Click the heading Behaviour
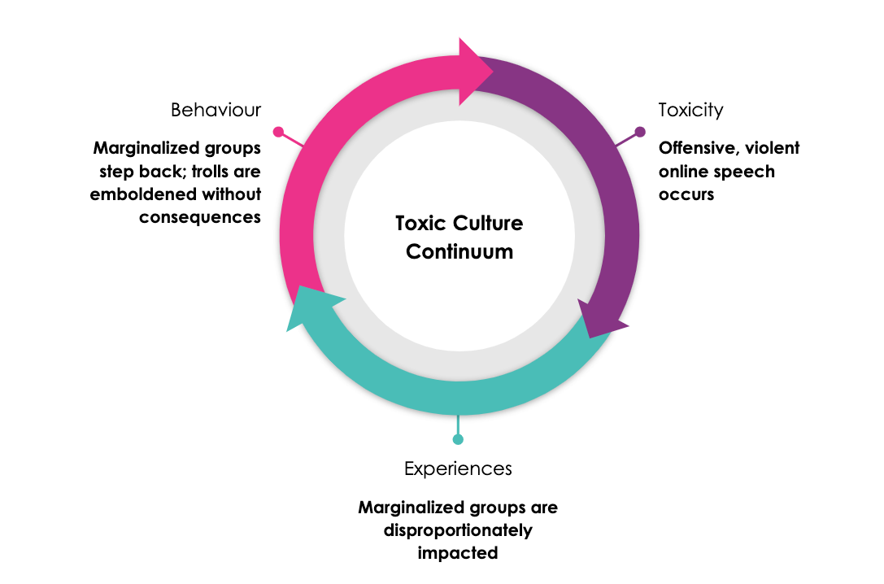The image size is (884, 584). point(216,110)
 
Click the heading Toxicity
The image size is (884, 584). point(690,110)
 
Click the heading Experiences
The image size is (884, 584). point(458,469)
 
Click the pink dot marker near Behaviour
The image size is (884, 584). point(278,131)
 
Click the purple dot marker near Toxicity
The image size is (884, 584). point(640,132)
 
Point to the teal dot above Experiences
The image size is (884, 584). point(458,439)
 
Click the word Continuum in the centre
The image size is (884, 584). point(459,251)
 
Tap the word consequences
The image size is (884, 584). point(200,217)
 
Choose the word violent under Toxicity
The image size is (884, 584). point(772,148)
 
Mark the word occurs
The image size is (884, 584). point(686,195)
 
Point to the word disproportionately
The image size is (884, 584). point(458,530)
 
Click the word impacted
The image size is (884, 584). point(458,553)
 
